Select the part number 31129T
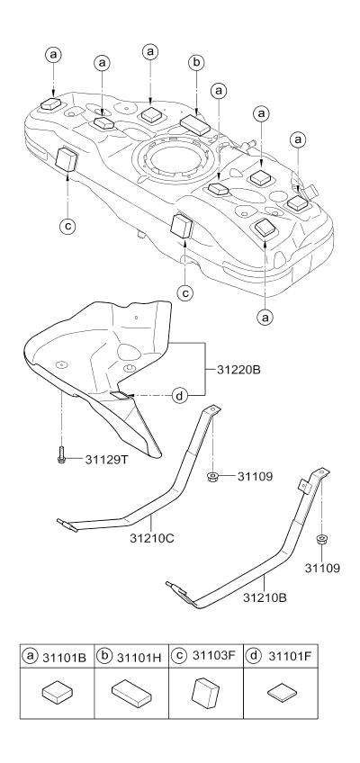point(106,459)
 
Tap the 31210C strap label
point(151,538)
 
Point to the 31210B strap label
point(265,597)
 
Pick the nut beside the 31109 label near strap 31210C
point(212,476)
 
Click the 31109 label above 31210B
point(322,568)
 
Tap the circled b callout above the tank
point(196,63)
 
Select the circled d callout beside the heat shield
point(180,396)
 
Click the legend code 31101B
point(64,658)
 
